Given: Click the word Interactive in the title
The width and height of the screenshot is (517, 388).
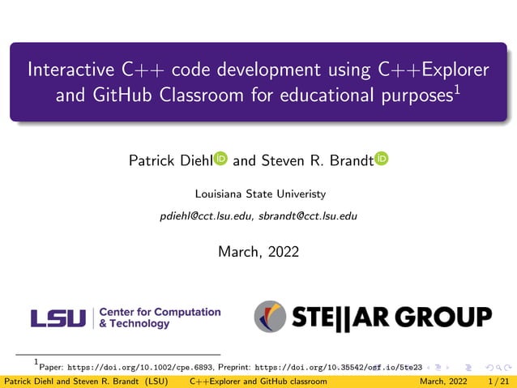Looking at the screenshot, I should [x=66, y=70].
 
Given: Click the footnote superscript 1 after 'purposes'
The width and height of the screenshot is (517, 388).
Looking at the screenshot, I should [x=458, y=87].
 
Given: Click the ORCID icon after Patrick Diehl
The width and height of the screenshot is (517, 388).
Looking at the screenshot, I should [x=220, y=160].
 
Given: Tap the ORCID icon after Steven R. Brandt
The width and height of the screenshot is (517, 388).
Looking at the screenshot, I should [x=382, y=160].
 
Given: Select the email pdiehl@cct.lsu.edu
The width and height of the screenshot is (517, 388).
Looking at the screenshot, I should [x=207, y=216].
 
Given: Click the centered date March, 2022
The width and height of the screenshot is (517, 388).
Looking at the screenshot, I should [x=258, y=252].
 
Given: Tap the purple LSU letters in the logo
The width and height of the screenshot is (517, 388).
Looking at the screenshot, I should [x=58, y=318].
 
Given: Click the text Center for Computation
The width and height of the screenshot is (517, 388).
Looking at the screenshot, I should [x=160, y=312].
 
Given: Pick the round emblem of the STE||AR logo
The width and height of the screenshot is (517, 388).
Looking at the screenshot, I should [x=271, y=317].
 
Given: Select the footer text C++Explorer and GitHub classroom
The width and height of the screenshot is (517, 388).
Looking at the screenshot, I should [x=258, y=382].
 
